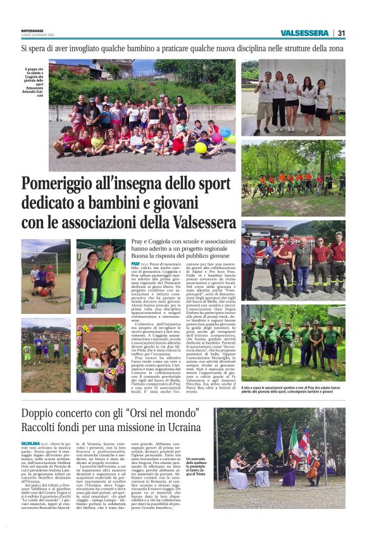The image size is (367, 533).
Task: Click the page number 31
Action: pos(341,33)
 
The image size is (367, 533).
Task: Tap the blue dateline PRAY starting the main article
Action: pos(135,262)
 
